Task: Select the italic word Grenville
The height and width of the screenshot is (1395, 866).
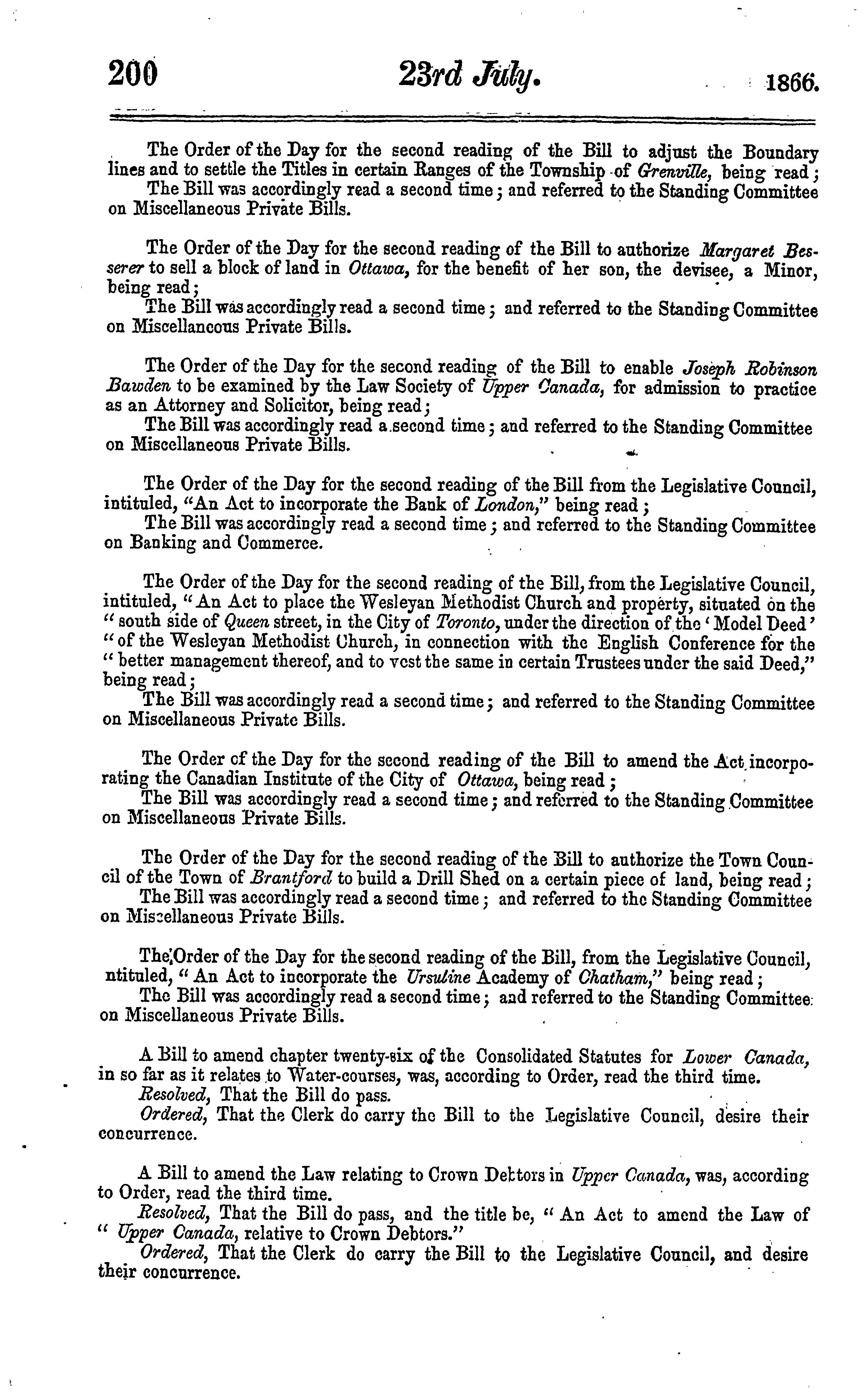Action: pos(675,171)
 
